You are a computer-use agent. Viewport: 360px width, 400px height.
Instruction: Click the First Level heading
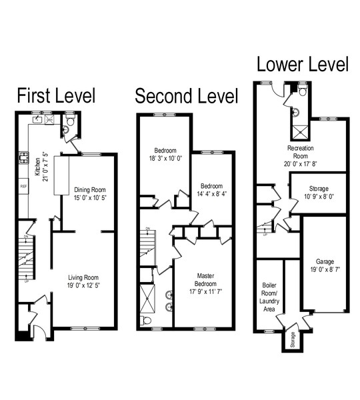point(56,95)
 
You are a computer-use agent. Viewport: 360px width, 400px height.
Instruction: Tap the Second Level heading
point(187,96)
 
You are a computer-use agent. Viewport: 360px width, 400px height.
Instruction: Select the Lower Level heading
point(303,64)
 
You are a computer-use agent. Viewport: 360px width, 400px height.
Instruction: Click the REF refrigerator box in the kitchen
point(23,186)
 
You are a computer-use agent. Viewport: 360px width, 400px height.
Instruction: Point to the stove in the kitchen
point(23,158)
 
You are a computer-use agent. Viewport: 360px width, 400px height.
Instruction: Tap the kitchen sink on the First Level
point(38,119)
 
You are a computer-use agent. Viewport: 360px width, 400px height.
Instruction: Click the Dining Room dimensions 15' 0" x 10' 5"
point(90,198)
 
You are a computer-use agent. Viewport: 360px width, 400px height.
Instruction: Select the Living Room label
point(83,277)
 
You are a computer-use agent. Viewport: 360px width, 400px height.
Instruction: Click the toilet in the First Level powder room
point(70,120)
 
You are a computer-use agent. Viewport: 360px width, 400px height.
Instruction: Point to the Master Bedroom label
point(205,280)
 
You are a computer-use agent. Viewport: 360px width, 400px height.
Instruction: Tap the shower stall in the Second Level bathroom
point(147,298)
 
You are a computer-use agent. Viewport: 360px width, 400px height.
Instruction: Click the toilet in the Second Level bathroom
point(146,320)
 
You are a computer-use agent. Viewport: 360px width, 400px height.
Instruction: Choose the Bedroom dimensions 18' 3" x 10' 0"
point(165,159)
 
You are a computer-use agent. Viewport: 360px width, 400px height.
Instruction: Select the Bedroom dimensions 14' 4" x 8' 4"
point(212,194)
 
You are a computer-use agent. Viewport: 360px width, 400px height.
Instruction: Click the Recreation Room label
point(301,152)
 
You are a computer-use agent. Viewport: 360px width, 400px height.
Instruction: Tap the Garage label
point(325,261)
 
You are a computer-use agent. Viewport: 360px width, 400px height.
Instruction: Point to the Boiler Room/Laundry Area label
point(269,297)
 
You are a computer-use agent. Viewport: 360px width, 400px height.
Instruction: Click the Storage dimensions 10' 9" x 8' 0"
point(319,197)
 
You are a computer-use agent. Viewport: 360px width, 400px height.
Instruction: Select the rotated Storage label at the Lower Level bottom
point(293,339)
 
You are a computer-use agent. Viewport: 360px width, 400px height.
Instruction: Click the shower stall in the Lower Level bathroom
point(300,133)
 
